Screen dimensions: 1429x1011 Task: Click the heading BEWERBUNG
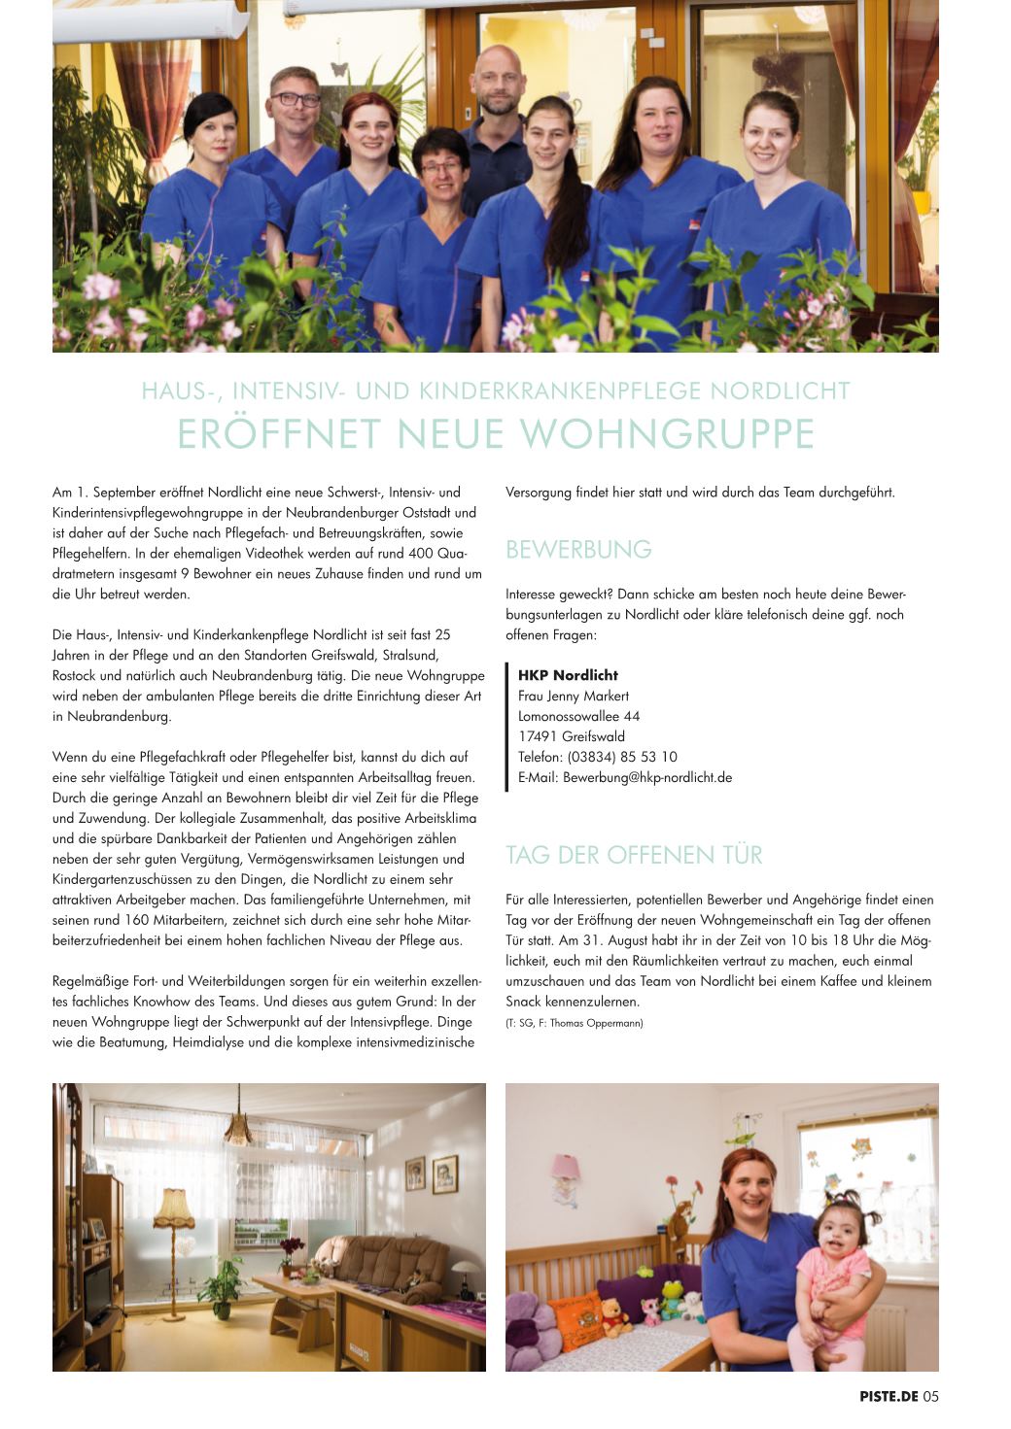(x=578, y=550)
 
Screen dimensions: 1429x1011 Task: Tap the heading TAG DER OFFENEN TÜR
(x=634, y=855)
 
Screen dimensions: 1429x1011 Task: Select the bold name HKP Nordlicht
(x=568, y=675)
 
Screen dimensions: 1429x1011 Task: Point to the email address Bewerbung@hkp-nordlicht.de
(x=647, y=777)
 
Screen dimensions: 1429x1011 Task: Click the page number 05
(x=930, y=1397)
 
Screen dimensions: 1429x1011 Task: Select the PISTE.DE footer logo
(x=889, y=1397)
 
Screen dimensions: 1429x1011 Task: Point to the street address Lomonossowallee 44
(x=578, y=716)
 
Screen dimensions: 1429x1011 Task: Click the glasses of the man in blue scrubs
(x=295, y=99)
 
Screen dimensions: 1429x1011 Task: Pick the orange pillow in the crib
(x=576, y=1318)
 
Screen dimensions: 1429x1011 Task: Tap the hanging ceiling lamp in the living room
(x=238, y=1130)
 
